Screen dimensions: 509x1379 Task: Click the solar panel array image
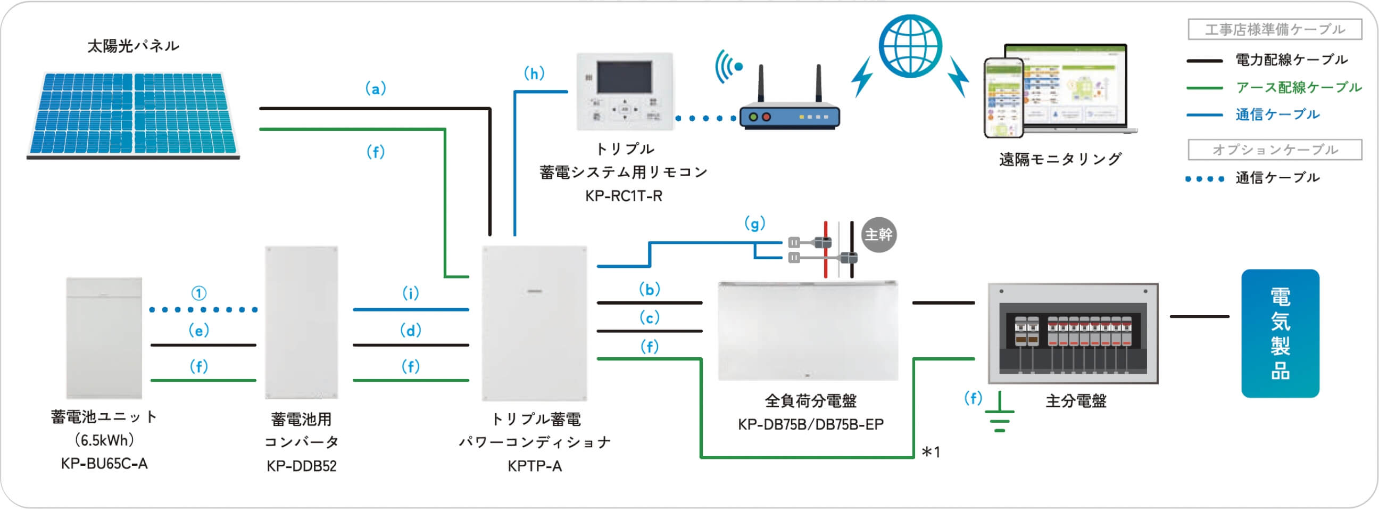(x=134, y=115)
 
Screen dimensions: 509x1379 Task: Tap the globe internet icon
(x=910, y=46)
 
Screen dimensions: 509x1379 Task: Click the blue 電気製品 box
(x=1280, y=333)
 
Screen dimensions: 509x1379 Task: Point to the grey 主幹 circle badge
(x=878, y=235)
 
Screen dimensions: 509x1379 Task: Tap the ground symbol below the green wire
(x=999, y=415)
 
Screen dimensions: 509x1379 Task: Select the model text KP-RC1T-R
(x=624, y=196)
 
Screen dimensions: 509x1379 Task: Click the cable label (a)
(x=375, y=88)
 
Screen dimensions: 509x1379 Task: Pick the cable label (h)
(x=534, y=73)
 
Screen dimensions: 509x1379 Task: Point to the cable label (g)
(x=755, y=223)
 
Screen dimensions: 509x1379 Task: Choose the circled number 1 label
(x=198, y=293)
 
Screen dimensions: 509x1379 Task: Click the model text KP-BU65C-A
(x=104, y=463)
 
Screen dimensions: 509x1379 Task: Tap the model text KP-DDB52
(x=301, y=465)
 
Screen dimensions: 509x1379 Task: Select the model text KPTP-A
(x=535, y=466)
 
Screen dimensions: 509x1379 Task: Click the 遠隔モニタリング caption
(x=1060, y=159)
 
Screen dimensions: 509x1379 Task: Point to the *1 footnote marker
(x=931, y=452)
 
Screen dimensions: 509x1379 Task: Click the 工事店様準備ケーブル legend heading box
(x=1275, y=29)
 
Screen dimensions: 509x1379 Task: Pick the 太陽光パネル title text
(x=134, y=46)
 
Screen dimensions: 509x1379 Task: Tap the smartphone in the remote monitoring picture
(x=1004, y=97)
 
